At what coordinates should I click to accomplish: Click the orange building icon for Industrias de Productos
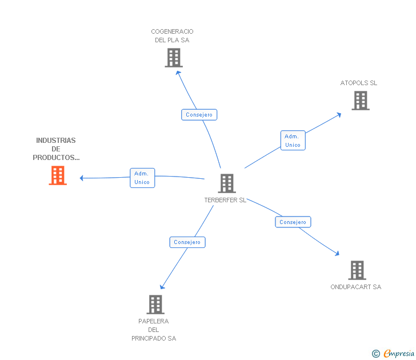point(58,175)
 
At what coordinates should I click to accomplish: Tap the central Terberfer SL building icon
point(227,183)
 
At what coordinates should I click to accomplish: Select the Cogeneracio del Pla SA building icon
point(174,58)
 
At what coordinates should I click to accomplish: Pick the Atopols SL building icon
point(361,101)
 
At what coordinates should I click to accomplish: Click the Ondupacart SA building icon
point(357,270)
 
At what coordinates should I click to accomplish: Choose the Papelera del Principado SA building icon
point(155,305)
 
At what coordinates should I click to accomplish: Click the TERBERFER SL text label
point(225,201)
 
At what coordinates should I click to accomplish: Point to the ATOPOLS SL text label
point(359,83)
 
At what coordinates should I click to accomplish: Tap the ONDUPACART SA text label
point(355,287)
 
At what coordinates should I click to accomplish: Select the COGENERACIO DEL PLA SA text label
point(172,36)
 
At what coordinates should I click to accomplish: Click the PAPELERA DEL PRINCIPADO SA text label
point(154,330)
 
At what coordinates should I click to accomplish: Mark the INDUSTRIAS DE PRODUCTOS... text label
point(56,149)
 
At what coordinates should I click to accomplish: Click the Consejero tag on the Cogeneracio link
point(199,115)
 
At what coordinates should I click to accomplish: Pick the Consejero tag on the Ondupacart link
point(293,222)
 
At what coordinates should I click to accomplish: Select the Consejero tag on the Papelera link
point(187,242)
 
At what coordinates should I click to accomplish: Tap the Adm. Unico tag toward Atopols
point(293,141)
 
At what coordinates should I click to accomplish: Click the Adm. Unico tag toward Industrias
point(142,178)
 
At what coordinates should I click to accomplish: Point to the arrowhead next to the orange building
point(82,178)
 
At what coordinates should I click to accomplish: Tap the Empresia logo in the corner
point(394,354)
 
